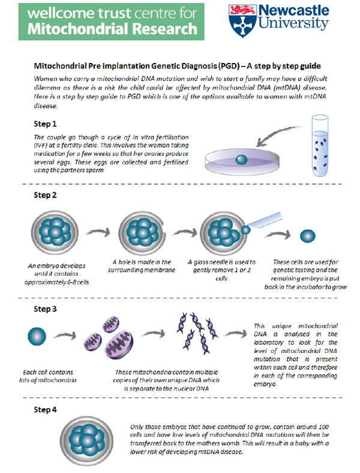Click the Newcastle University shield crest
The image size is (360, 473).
click(243, 20)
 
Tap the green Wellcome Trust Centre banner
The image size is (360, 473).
click(111, 22)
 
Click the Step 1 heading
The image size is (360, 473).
click(45, 124)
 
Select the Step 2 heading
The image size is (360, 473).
click(45, 195)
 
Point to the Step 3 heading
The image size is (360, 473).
click(45, 309)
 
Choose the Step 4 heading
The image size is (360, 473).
click(45, 410)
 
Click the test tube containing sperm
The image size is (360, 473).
click(320, 146)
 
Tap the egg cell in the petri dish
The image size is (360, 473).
click(241, 159)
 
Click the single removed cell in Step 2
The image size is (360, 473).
click(308, 236)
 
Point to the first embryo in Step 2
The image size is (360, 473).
click(55, 232)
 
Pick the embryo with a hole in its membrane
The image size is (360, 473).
click(142, 233)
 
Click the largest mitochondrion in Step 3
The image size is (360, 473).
click(119, 345)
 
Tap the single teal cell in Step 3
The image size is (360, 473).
click(37, 336)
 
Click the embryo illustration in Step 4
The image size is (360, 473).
click(87, 441)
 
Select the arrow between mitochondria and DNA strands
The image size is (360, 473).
click(154, 333)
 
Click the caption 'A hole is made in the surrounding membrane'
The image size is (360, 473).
click(142, 266)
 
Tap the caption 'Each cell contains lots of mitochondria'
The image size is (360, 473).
click(48, 376)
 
